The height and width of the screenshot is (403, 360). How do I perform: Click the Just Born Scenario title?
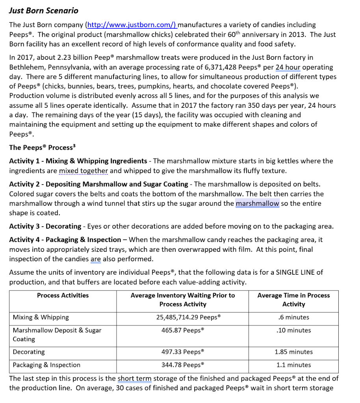(x=44, y=11)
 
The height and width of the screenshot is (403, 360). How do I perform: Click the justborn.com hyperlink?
(x=132, y=25)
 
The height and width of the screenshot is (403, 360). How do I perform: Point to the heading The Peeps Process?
(x=42, y=148)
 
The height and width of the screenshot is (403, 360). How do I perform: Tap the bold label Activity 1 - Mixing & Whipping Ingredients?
(x=78, y=161)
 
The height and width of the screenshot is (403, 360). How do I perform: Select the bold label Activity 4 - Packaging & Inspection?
(x=65, y=240)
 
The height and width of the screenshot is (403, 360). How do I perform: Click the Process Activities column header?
(x=63, y=296)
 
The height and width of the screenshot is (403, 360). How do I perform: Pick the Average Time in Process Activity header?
(x=293, y=299)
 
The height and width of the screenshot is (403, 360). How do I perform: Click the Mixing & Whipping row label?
(x=41, y=317)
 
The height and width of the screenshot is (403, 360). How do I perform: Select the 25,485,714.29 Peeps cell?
(x=182, y=317)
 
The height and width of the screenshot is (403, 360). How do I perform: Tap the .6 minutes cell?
(x=293, y=317)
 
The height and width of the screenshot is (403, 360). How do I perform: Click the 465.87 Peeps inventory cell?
(x=182, y=330)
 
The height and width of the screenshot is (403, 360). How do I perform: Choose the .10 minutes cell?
(x=293, y=330)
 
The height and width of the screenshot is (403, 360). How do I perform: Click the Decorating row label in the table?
(x=29, y=352)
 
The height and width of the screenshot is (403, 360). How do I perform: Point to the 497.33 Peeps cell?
(x=182, y=352)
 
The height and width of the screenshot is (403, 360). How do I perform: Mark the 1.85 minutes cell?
(x=293, y=352)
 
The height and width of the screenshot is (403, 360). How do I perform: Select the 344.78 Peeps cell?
(x=182, y=365)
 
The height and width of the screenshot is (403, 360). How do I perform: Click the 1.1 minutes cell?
(x=293, y=365)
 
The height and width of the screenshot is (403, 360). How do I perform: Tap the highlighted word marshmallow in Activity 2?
(x=258, y=203)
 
